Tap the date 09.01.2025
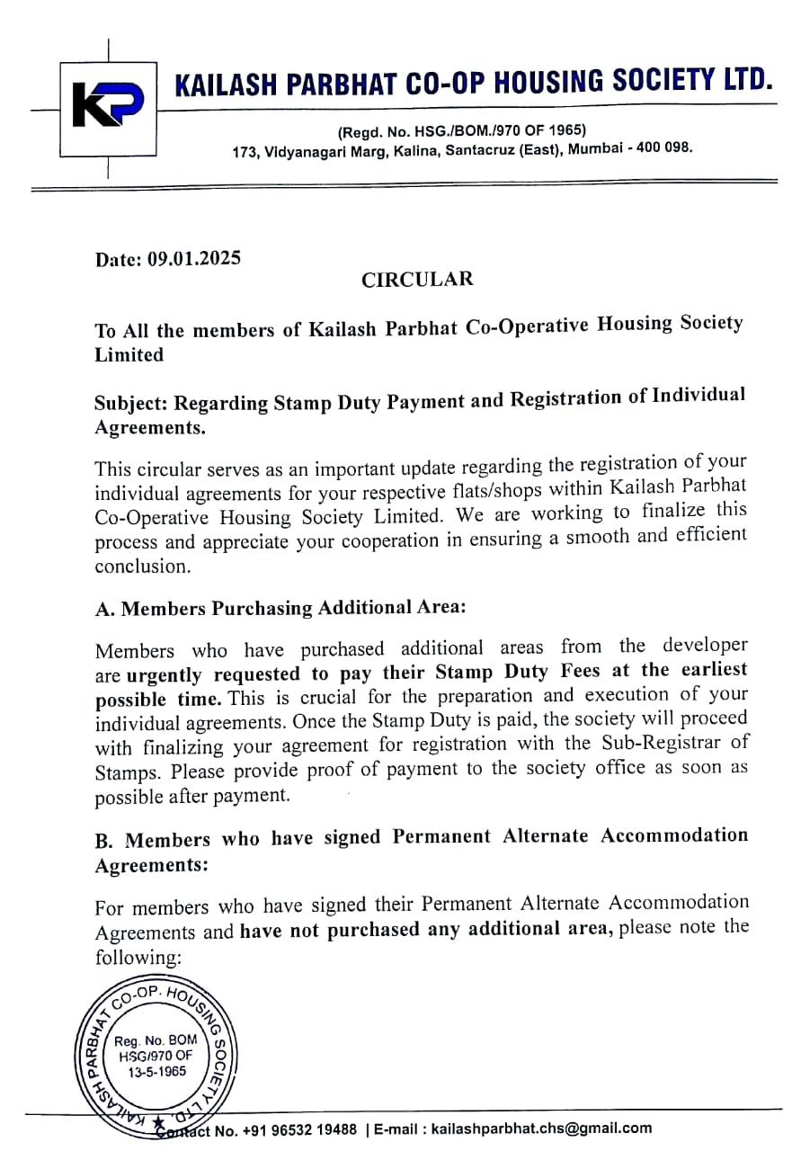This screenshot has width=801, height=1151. coord(194,259)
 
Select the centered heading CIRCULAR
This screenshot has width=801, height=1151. coord(417,279)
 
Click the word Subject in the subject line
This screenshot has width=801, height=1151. coord(130,403)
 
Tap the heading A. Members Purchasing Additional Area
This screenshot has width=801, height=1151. coord(280,608)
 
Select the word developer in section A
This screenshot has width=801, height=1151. coord(704,646)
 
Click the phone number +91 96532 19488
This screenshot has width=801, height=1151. coord(299,1129)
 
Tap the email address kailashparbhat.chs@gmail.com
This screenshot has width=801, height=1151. coord(541,1129)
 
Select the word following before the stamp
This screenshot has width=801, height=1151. coord(138,958)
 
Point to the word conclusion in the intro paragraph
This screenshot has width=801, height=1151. coord(142,567)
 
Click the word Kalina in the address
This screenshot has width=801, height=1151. coord(416,152)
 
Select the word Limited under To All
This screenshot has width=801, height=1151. coord(129,355)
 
